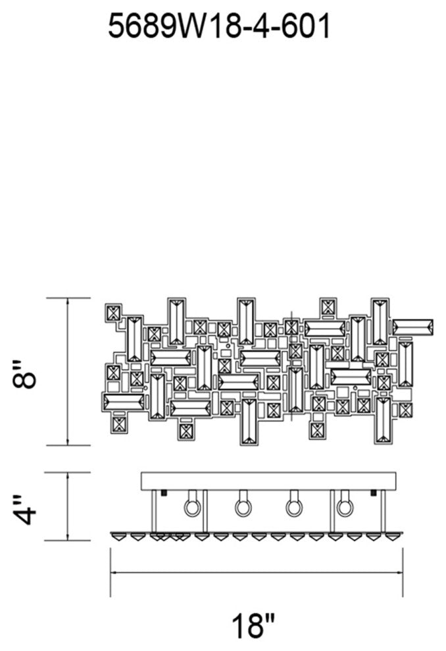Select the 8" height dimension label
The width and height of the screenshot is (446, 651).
pyautogui.click(x=28, y=372)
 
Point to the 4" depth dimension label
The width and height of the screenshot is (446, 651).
pyautogui.click(x=28, y=506)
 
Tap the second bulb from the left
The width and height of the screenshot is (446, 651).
pyautogui.click(x=241, y=506)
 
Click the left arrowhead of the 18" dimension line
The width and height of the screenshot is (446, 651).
pyautogui.click(x=113, y=572)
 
